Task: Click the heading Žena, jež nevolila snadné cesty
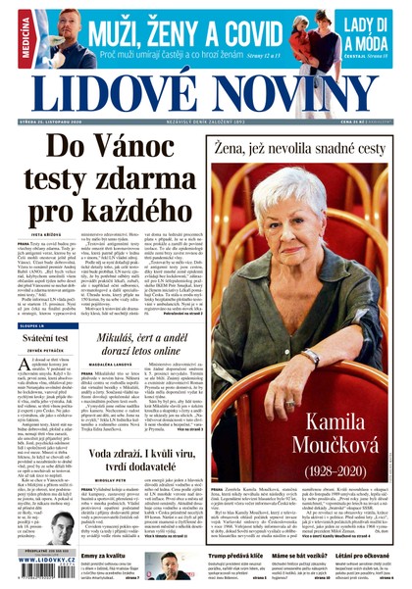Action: [298, 150]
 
